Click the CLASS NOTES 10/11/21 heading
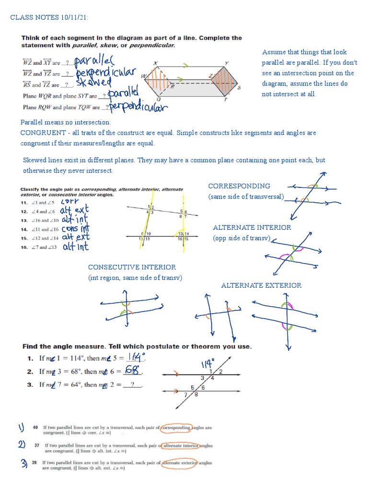click(49, 18)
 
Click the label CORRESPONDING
click(239, 186)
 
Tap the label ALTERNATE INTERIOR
click(252, 227)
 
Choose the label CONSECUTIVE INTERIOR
click(132, 267)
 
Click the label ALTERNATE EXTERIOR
click(261, 285)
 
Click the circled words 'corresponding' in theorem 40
click(175, 427)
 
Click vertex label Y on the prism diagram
click(226, 63)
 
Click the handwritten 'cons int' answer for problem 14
click(76, 229)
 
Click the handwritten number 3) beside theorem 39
click(23, 464)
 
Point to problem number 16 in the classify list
click(24, 247)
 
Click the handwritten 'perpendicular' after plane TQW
click(138, 106)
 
